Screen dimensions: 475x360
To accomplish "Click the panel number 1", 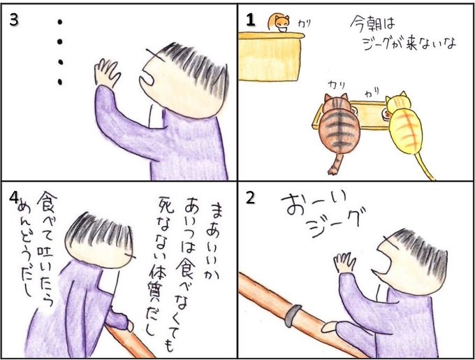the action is click(x=251, y=21).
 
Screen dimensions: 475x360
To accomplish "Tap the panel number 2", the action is click(x=251, y=199).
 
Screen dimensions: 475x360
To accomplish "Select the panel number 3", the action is click(x=14, y=20).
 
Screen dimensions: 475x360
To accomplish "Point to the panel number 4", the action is click(x=14, y=199).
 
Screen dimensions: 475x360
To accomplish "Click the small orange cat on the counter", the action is click(x=279, y=24).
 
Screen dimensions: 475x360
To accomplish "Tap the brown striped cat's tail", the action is click(x=335, y=164).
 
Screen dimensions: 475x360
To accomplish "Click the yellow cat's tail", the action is click(x=423, y=167).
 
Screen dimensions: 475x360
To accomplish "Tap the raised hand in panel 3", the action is click(x=107, y=73).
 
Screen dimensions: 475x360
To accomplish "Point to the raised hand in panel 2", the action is click(x=344, y=262).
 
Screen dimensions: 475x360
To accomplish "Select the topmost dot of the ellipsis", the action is click(x=60, y=22).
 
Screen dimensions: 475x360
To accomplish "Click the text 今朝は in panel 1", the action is click(x=373, y=24).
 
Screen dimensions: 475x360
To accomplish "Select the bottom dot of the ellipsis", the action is click(x=60, y=81).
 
